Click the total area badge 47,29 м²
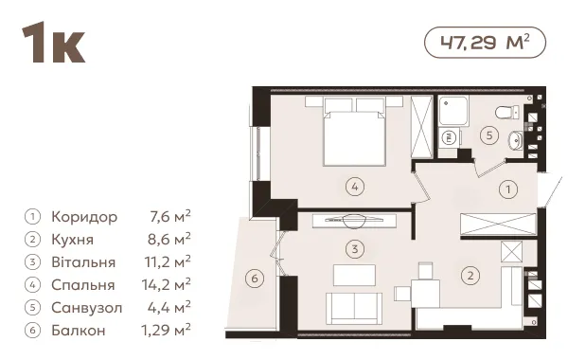point(485,43)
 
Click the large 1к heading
point(54,43)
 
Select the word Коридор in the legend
point(84,217)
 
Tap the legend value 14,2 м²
point(167,284)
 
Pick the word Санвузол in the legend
point(87,308)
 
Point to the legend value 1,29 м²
point(166,330)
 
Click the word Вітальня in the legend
point(83,262)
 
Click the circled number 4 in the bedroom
point(355,187)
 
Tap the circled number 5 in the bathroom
point(489,135)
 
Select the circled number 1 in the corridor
point(508,189)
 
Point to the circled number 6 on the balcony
point(255,279)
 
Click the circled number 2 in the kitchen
point(470,276)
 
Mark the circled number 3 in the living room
point(355,249)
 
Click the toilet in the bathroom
point(507,112)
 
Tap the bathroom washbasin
point(516,140)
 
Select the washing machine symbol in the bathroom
point(449,137)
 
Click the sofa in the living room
point(354,308)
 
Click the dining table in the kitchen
point(426,294)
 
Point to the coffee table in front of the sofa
point(354,275)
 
